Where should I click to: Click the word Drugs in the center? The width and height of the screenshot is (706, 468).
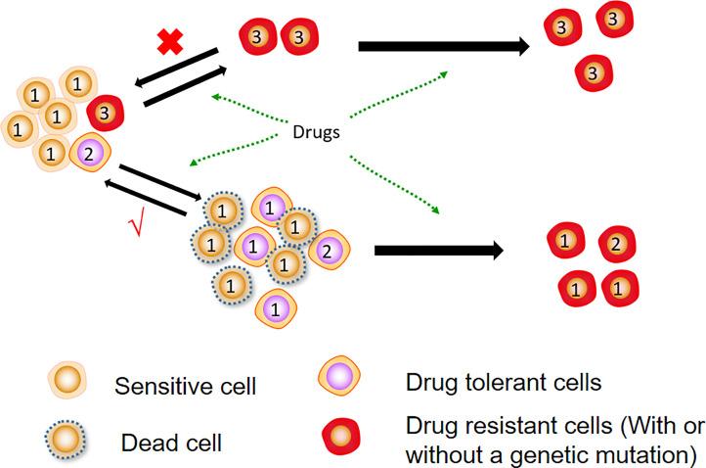(316, 131)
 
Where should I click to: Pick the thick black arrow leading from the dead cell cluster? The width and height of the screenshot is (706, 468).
(438, 250)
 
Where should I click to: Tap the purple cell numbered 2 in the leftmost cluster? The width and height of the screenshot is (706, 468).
(87, 152)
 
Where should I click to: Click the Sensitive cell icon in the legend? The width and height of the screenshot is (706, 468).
(65, 382)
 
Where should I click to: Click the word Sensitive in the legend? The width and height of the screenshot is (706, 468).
(153, 387)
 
